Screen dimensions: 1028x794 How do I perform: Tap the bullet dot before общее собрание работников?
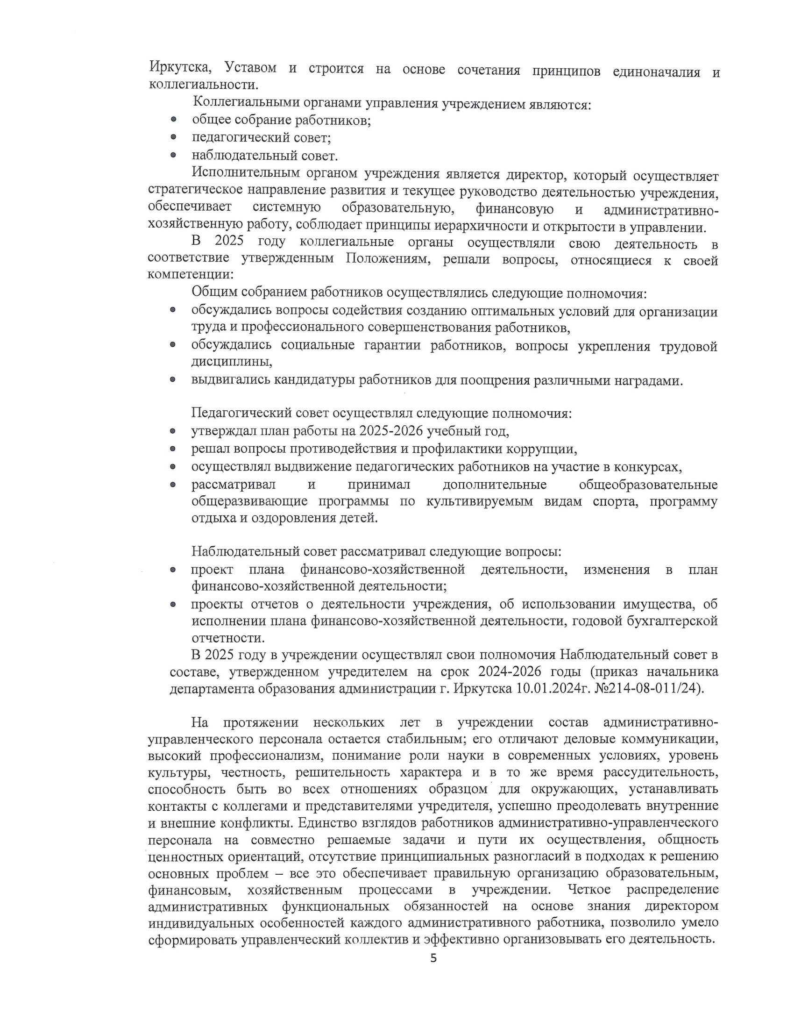pyautogui.click(x=174, y=120)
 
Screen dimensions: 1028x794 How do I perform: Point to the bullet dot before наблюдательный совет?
pyautogui.click(x=174, y=155)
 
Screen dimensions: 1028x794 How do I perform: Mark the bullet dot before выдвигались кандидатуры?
pyautogui.click(x=173, y=379)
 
